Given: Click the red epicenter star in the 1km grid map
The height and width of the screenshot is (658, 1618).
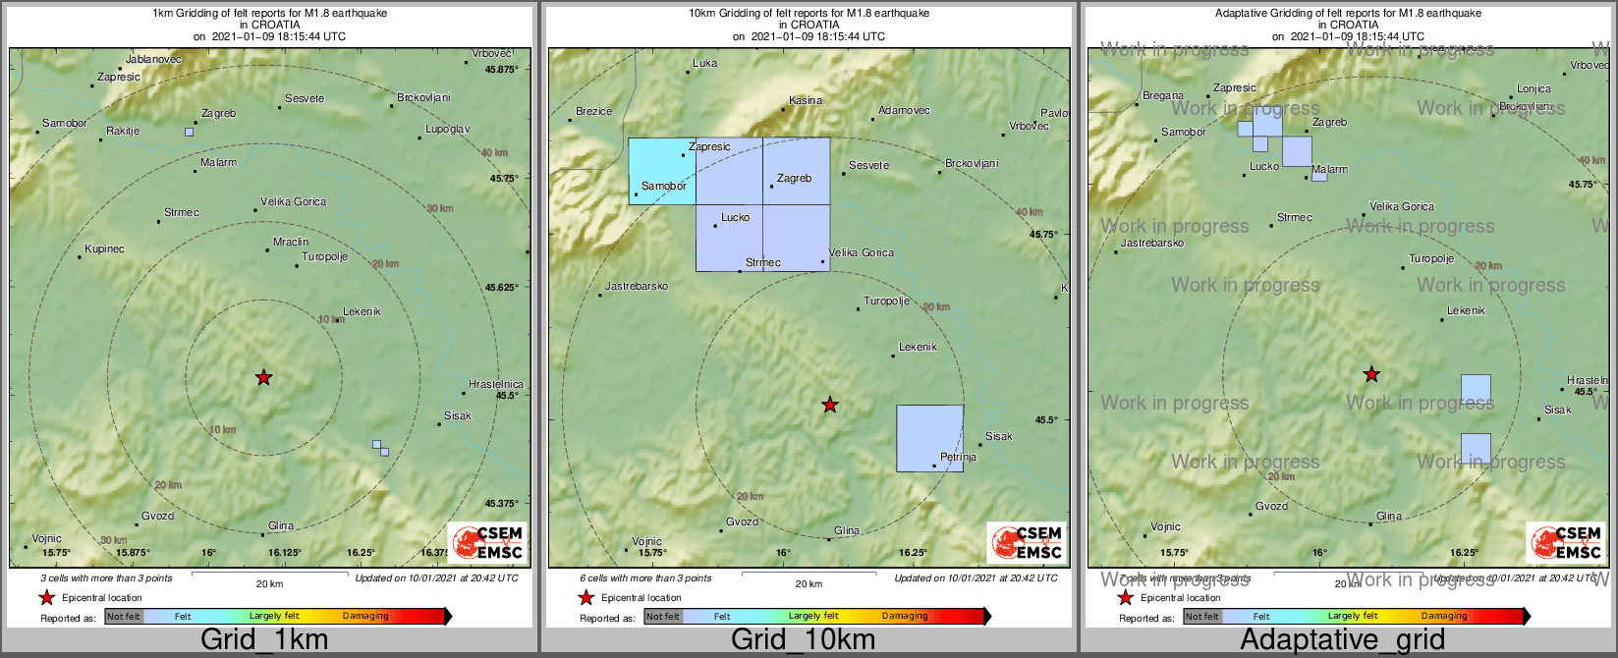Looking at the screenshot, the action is (x=263, y=377).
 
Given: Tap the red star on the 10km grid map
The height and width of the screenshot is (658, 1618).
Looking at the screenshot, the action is (x=830, y=405).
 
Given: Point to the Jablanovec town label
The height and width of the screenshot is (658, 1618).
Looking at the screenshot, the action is (x=154, y=60).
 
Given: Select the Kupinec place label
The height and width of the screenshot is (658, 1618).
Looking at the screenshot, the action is (x=104, y=249).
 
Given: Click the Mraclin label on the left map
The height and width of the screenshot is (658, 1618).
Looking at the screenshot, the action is (x=291, y=242).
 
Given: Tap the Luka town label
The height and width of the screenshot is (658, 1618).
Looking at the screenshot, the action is (x=704, y=64).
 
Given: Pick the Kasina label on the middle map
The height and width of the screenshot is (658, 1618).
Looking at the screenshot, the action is (x=806, y=101).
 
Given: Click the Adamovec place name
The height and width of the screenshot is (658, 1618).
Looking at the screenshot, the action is (x=904, y=111).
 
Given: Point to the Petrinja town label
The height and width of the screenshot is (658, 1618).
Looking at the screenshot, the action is (x=958, y=458).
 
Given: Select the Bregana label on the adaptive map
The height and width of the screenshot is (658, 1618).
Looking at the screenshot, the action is (x=1163, y=96).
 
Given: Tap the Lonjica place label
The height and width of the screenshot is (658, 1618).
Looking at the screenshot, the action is (x=1534, y=89).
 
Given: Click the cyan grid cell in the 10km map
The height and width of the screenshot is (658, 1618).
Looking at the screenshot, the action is (x=661, y=171).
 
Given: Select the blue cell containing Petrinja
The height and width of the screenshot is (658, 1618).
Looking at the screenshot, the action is (x=929, y=438).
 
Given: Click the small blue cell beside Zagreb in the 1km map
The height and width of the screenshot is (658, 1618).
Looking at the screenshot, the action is (x=189, y=132).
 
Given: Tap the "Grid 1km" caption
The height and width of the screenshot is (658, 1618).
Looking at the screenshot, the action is (x=264, y=640).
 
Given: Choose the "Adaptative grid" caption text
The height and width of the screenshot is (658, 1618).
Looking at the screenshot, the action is (x=1342, y=640).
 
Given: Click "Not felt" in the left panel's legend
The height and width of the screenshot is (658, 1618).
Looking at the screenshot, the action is (x=124, y=617).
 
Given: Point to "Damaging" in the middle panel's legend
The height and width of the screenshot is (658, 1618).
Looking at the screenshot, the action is (x=904, y=617).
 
